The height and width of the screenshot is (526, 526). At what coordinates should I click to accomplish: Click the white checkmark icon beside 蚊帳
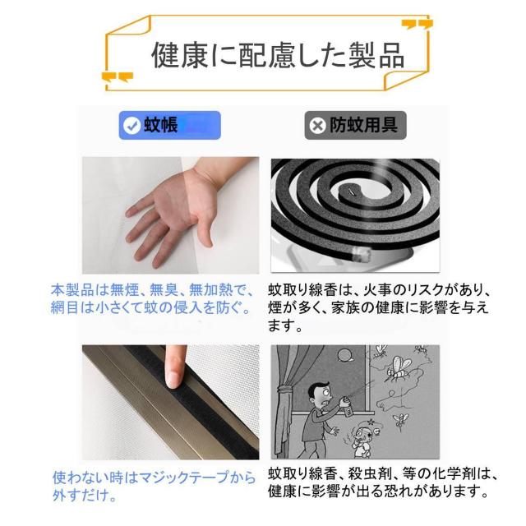pos(131,126)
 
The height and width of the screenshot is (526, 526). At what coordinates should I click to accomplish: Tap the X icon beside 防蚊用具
pos(316,126)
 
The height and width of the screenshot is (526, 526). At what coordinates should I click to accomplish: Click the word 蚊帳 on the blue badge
pos(161,126)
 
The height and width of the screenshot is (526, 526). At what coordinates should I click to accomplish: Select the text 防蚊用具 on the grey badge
pos(364,126)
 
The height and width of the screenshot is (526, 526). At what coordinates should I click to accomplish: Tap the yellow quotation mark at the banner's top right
pos(421,24)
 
